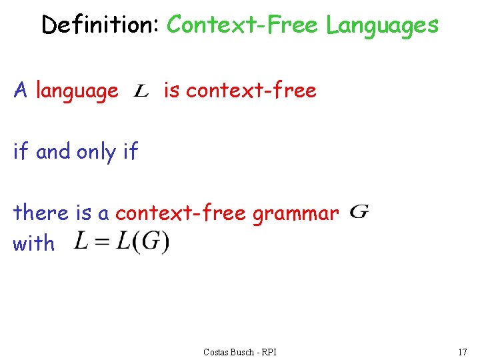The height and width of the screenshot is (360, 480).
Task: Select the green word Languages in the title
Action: point(382,25)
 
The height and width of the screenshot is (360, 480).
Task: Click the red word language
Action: point(77,91)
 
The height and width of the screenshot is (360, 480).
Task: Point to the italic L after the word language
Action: point(141,91)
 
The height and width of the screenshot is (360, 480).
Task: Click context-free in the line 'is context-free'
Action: point(251,90)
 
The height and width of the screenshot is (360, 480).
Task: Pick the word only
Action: point(96,152)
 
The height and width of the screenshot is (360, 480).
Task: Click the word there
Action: point(41,213)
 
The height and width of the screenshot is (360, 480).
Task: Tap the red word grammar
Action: point(294,213)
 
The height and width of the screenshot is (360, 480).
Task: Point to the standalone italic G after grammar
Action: point(359,212)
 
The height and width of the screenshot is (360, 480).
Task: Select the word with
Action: point(34,243)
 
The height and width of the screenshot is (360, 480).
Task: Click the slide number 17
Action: point(462,352)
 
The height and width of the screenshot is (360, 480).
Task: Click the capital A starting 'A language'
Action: point(21,90)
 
